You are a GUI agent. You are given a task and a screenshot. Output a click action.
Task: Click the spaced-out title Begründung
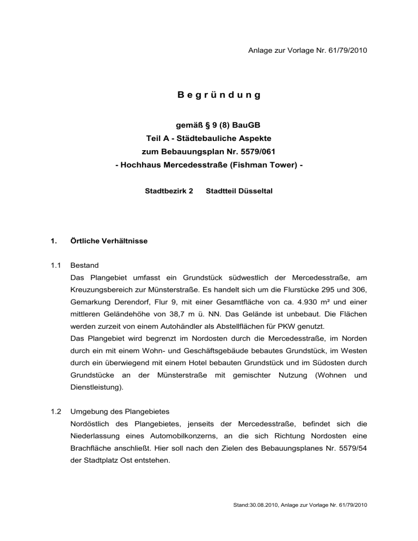[x=219, y=95]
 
